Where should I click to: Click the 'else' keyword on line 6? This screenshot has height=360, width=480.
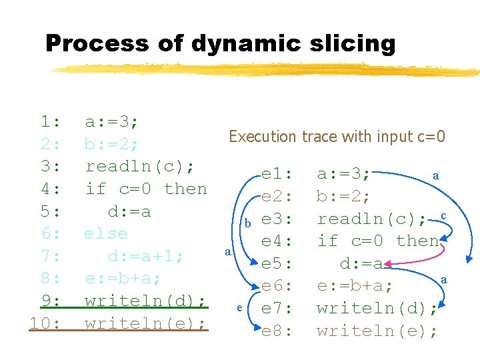pos(105,233)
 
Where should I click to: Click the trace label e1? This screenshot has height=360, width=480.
pos(277,175)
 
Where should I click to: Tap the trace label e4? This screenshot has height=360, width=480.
pos(277,241)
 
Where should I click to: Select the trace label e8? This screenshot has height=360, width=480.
pos(277,331)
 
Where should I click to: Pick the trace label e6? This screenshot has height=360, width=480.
pos(277,286)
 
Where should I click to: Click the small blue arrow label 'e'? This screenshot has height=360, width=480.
pos(238,308)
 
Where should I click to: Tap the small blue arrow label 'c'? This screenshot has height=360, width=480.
pos(443,215)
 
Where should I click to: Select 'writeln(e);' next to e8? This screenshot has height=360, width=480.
pos(377,331)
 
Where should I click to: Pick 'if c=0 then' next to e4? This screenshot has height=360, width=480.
pos(378,241)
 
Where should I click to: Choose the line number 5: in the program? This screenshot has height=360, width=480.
pos(51,211)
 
